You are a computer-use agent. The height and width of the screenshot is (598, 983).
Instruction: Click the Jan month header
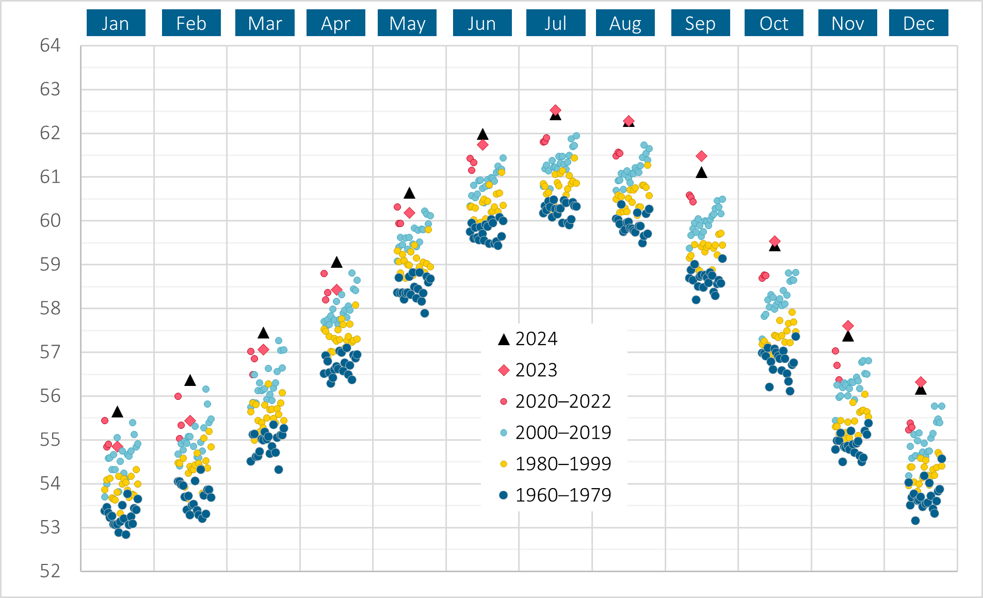116,23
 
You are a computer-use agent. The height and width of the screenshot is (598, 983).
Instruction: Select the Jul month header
555,23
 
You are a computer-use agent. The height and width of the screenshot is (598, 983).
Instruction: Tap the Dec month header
918,23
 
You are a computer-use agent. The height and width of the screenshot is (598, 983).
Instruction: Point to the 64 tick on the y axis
50,45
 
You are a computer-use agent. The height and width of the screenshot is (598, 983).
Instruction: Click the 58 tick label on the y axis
50,309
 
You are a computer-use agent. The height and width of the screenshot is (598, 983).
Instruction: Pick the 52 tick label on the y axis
50,571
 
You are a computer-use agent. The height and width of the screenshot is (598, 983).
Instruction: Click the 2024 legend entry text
536,339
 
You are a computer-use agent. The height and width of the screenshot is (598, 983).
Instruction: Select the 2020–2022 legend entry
562,401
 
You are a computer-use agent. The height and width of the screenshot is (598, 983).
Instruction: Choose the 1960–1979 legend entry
562,495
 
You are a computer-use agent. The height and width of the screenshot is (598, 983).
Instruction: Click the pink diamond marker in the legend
504,370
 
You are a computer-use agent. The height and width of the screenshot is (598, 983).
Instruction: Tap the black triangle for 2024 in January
118,412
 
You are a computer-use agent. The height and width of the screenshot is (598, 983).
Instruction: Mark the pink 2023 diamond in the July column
555,110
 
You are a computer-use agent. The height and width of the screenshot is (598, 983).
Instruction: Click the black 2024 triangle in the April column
336,262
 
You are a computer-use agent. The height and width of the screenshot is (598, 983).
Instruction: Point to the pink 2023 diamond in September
701,156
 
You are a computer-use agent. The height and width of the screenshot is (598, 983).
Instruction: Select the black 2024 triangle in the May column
409,193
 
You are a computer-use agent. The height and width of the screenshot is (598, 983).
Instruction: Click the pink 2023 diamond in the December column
921,382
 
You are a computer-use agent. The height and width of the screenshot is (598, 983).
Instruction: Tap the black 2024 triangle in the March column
263,333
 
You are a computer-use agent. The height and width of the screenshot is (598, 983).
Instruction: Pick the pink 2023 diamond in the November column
848,326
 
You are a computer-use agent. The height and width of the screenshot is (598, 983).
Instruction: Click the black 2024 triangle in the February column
190,381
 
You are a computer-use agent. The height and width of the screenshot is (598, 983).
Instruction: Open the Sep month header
700,23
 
